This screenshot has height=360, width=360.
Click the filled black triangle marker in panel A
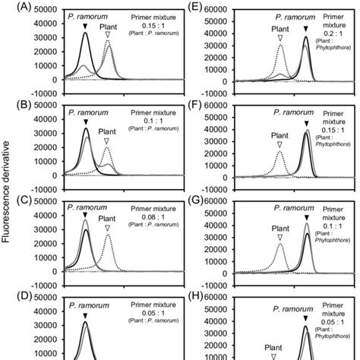(x=86, y=26)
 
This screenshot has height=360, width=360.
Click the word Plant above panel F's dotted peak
(x=279, y=131)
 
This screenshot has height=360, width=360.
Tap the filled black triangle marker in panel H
(x=306, y=320)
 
